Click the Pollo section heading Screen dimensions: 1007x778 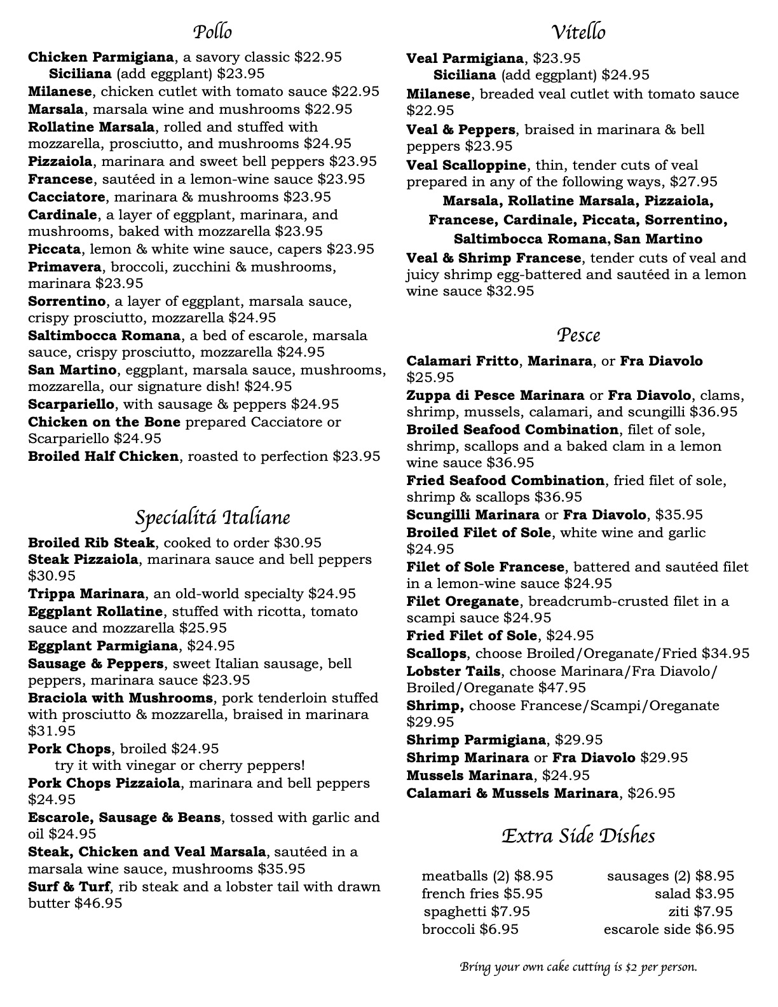tap(212, 32)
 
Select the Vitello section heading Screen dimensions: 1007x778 tap(578, 32)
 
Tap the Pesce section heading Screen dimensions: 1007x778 tap(578, 335)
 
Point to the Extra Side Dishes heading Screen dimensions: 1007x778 tap(578, 835)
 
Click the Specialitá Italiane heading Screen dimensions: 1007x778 tap(212, 517)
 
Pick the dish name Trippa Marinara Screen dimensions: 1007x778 tap(86, 594)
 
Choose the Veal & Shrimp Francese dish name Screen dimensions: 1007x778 tap(493, 258)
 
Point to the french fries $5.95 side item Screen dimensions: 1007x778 tap(482, 894)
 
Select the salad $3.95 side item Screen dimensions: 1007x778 tap(694, 894)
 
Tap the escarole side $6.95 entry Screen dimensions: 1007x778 tap(669, 929)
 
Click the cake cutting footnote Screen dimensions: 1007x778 tap(578, 968)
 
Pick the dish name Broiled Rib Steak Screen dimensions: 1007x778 tap(91, 543)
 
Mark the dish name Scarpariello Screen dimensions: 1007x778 tap(71, 404)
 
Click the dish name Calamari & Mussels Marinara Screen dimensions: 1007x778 tap(512, 793)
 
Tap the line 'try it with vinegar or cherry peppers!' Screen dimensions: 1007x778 tap(180, 765)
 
